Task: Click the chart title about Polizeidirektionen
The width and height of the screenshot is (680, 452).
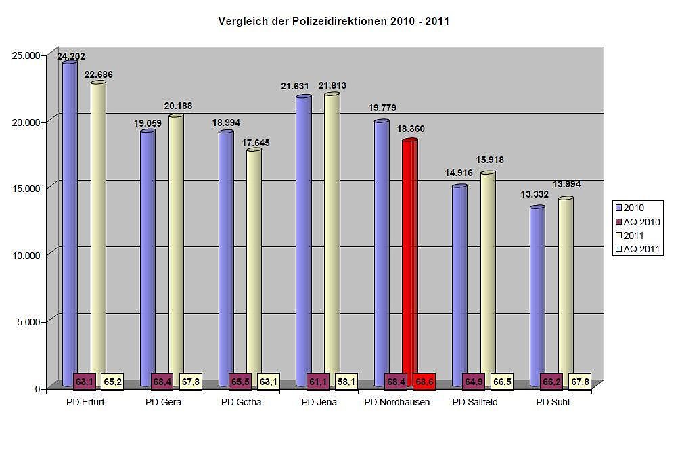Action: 334,22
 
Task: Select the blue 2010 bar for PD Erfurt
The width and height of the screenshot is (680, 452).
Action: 69,217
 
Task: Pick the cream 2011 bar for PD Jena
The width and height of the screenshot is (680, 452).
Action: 332,230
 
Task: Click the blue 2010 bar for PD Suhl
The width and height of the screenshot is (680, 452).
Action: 537,291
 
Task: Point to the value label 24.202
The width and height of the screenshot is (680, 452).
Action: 71,57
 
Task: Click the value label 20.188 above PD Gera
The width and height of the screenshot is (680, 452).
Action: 176,106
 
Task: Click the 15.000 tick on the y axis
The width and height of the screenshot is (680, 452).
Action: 28,188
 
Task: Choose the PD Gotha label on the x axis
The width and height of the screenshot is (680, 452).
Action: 241,403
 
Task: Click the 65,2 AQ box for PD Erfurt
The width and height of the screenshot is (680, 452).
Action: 112,382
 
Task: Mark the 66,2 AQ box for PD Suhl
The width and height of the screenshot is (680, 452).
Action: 552,382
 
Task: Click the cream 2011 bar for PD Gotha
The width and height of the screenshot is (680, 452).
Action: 254,264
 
